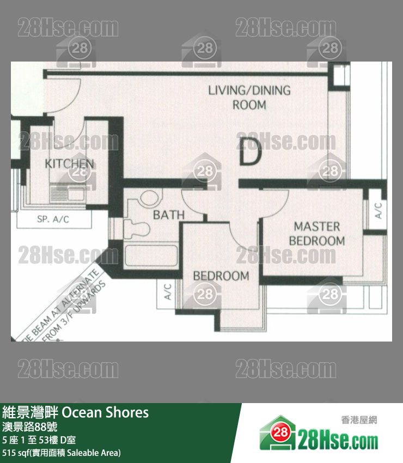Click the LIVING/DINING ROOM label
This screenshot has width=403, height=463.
249,97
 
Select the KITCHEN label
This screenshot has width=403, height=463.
69,163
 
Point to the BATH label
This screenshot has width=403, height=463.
168,215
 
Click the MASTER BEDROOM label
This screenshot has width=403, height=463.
317,233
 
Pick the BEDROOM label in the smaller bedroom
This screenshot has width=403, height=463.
221,276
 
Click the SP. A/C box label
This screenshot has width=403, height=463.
53,220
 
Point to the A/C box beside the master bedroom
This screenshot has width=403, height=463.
377,211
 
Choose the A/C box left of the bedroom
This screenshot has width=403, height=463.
167,292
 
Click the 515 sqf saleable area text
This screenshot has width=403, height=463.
62,453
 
